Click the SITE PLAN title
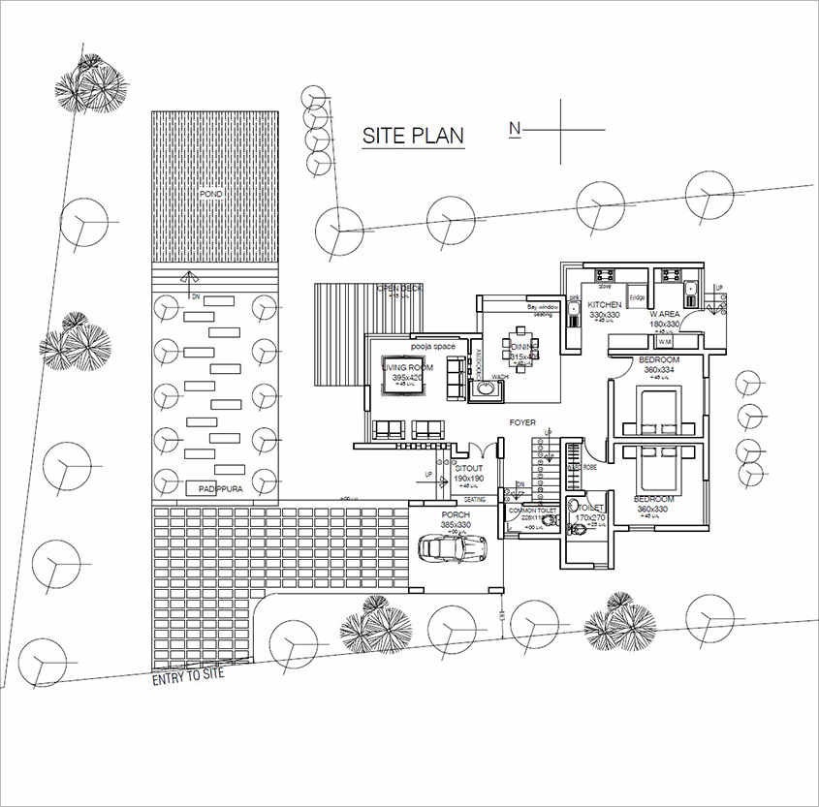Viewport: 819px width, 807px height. [x=413, y=136]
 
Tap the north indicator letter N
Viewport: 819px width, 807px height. [x=516, y=128]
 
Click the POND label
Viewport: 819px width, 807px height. [x=211, y=195]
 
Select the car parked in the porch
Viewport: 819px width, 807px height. [x=452, y=549]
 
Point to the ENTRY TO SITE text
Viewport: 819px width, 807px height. [x=188, y=675]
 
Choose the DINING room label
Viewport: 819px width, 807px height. [x=523, y=347]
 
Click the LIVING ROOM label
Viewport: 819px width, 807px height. [x=407, y=367]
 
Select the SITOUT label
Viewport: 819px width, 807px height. [x=468, y=469]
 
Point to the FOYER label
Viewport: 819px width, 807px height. [x=523, y=423]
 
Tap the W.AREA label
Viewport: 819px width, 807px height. [x=665, y=314]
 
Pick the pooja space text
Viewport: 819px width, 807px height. [x=431, y=346]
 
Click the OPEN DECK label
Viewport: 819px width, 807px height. [x=399, y=288]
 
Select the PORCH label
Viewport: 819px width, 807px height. [x=456, y=515]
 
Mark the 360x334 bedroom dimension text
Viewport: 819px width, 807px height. [x=659, y=370]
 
